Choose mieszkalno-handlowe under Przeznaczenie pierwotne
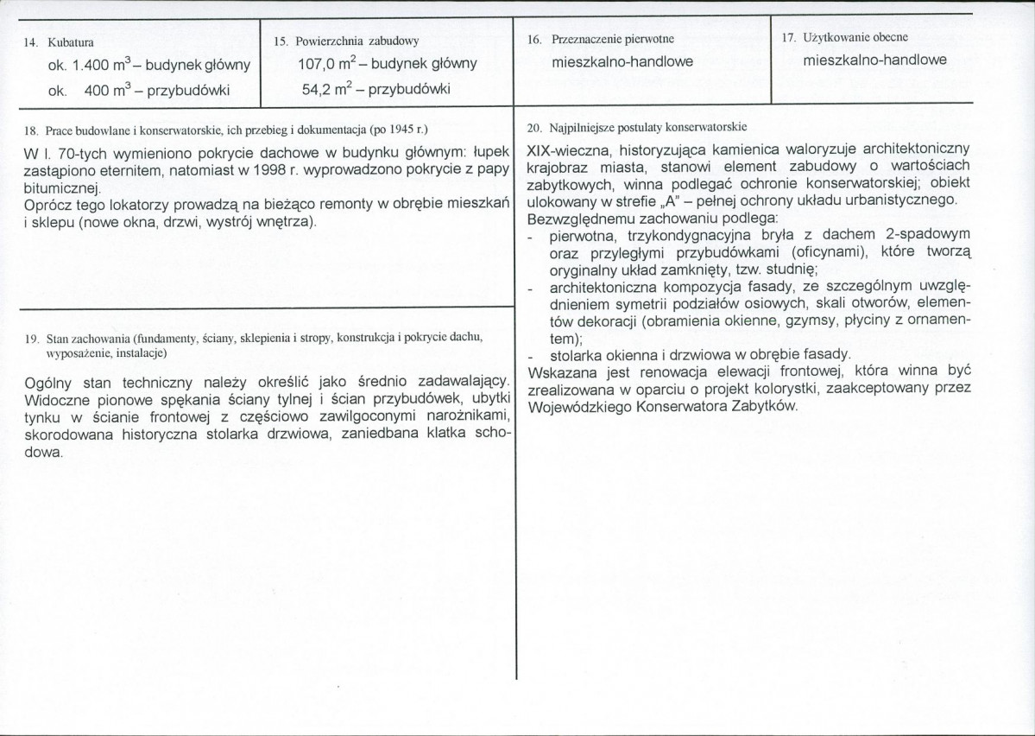pyautogui.click(x=622, y=62)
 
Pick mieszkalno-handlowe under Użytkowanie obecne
pyautogui.click(x=874, y=61)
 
